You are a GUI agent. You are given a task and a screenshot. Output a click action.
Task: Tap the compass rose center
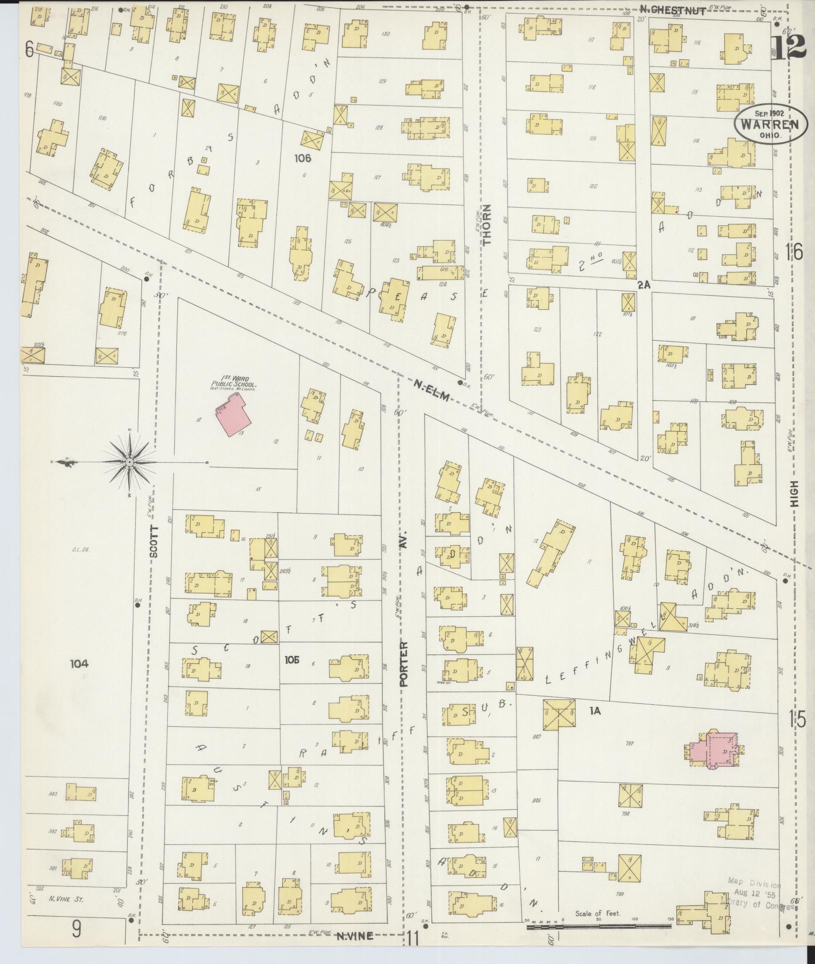[130, 462]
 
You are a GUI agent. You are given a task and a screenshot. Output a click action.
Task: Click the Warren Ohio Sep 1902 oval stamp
[771, 122]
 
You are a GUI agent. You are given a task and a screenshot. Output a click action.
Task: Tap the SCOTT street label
[154, 542]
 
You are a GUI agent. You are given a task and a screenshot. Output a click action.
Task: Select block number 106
[303, 159]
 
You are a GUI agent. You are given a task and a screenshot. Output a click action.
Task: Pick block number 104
[79, 664]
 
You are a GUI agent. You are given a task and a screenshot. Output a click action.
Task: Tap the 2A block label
[644, 285]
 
